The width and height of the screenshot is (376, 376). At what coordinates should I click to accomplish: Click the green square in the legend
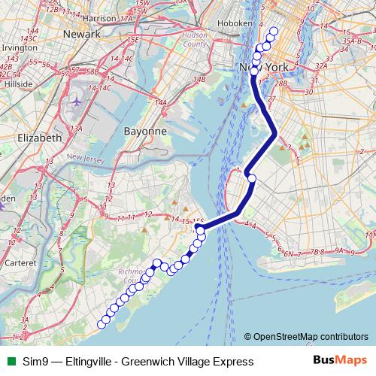(x=9, y=362)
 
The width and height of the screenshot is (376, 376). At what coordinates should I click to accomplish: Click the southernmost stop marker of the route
(x=102, y=324)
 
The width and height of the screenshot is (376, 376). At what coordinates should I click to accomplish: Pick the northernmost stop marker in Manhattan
(x=273, y=32)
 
